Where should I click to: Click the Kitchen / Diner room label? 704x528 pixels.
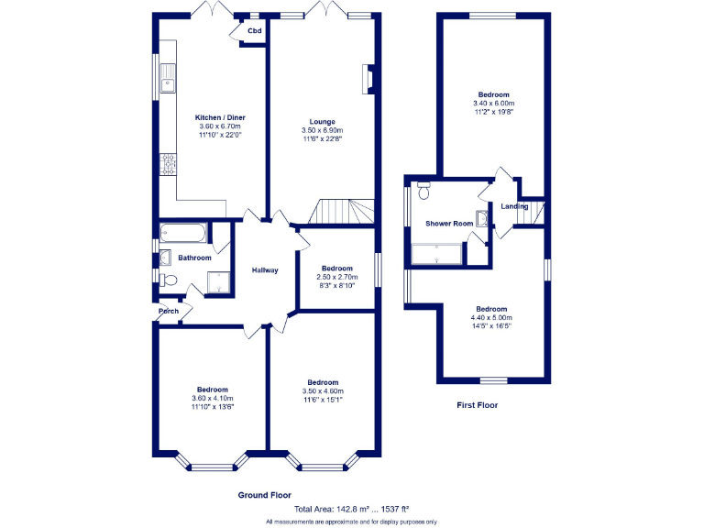(219, 117)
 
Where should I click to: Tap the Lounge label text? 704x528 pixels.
(322, 122)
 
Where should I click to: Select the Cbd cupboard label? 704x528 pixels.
(254, 31)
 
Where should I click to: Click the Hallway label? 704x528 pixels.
(265, 270)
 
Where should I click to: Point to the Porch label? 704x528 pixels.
(169, 312)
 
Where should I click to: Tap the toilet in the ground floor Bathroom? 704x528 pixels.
(167, 280)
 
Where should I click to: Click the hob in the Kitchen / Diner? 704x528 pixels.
(168, 164)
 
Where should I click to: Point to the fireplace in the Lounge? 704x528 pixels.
(368, 79)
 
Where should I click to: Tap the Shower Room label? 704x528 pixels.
(449, 224)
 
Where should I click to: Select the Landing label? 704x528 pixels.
(514, 206)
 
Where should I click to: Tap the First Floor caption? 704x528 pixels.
(477, 404)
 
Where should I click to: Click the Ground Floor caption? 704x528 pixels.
(265, 495)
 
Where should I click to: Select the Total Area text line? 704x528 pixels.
(351, 509)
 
